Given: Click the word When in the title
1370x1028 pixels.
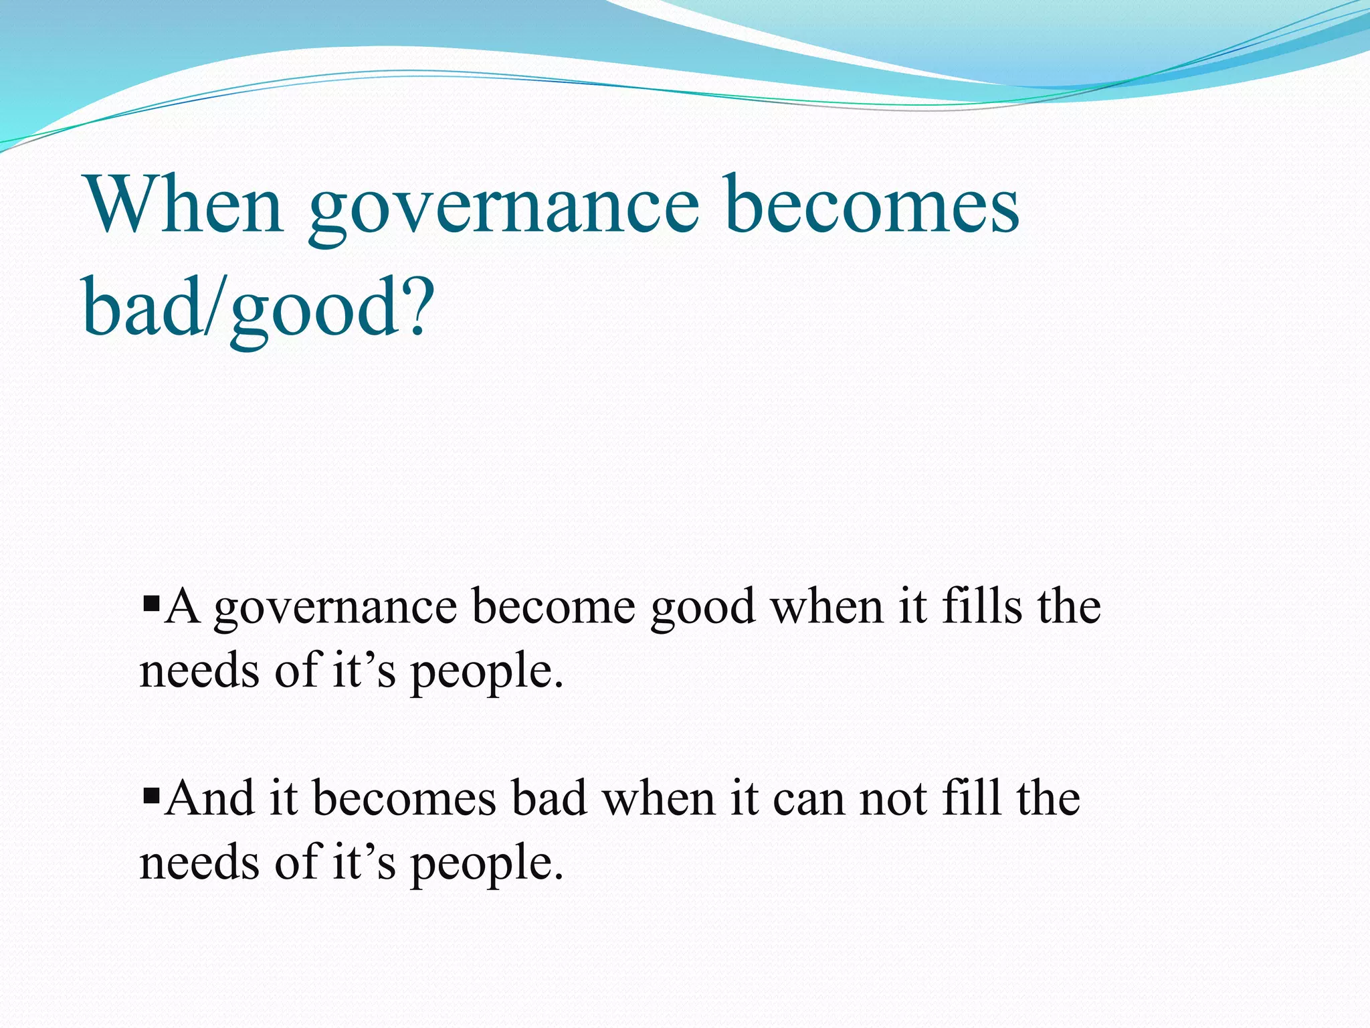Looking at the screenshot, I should click(x=184, y=204).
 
